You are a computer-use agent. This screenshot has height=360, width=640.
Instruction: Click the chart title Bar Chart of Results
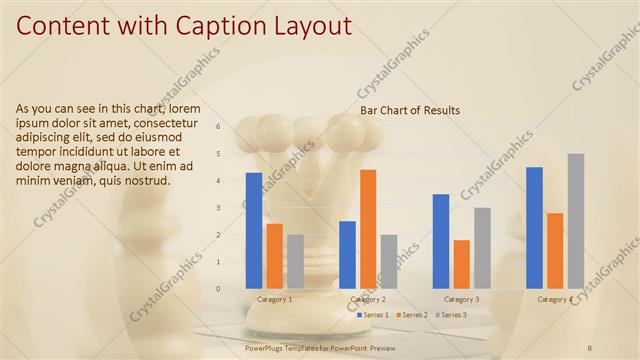pos(410,110)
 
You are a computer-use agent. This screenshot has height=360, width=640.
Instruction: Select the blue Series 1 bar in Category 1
pos(254,230)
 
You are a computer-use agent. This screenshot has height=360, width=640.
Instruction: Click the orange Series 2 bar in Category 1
pos(275,256)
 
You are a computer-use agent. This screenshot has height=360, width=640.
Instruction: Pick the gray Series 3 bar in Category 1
pos(295,261)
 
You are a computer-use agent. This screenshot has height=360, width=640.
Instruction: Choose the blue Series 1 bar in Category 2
pos(347,254)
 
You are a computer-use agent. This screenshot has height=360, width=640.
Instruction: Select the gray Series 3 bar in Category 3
pos(482,248)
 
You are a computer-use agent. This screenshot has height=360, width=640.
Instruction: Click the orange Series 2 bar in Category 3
pos(461,264)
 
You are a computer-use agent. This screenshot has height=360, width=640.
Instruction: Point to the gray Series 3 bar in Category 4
pos(575,221)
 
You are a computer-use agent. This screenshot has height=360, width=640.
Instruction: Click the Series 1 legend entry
pos(373,315)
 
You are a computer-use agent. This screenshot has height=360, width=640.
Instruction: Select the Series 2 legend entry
pos(413,315)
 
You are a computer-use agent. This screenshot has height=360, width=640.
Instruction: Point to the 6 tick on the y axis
pos(233,127)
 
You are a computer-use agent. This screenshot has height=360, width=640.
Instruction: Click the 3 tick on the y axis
pos(233,208)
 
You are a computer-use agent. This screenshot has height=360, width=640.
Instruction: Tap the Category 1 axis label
pos(275,299)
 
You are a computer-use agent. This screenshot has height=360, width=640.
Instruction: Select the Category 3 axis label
pos(461,299)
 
